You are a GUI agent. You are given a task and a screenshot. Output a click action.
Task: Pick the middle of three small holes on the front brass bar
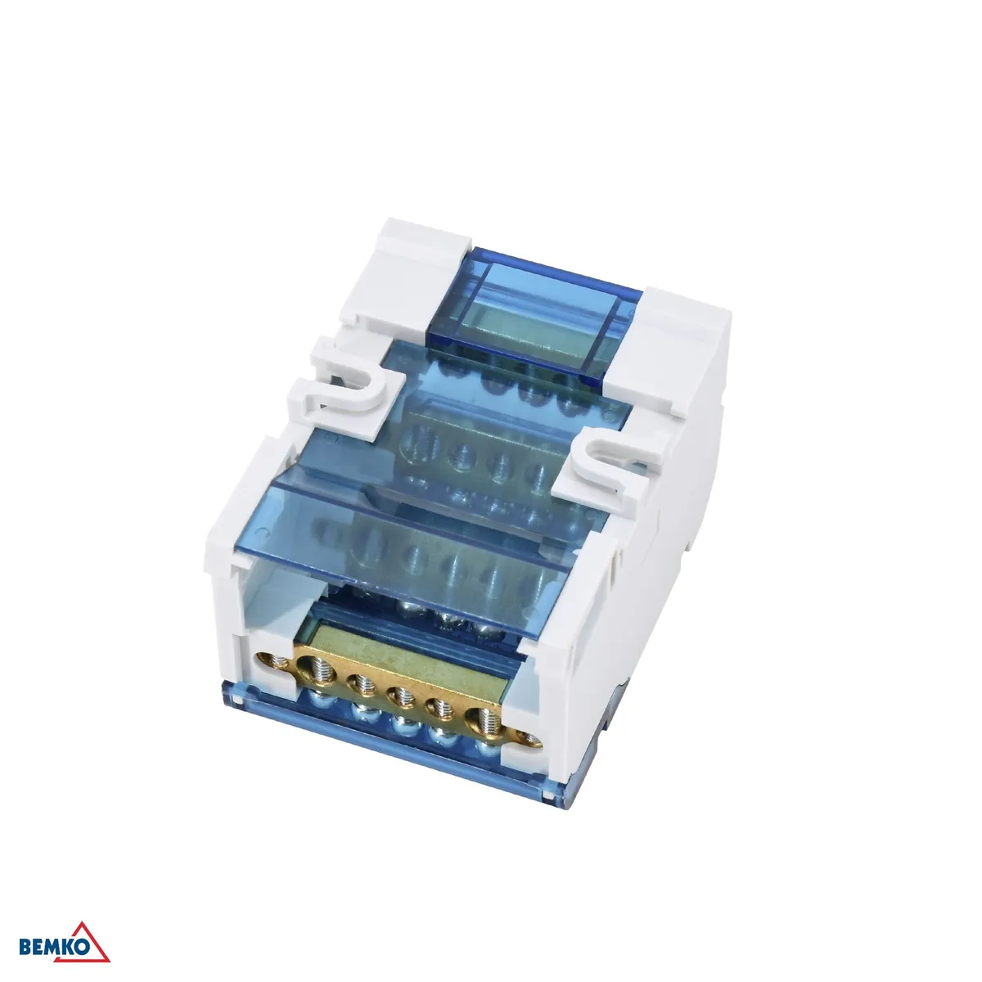point(401,698)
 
